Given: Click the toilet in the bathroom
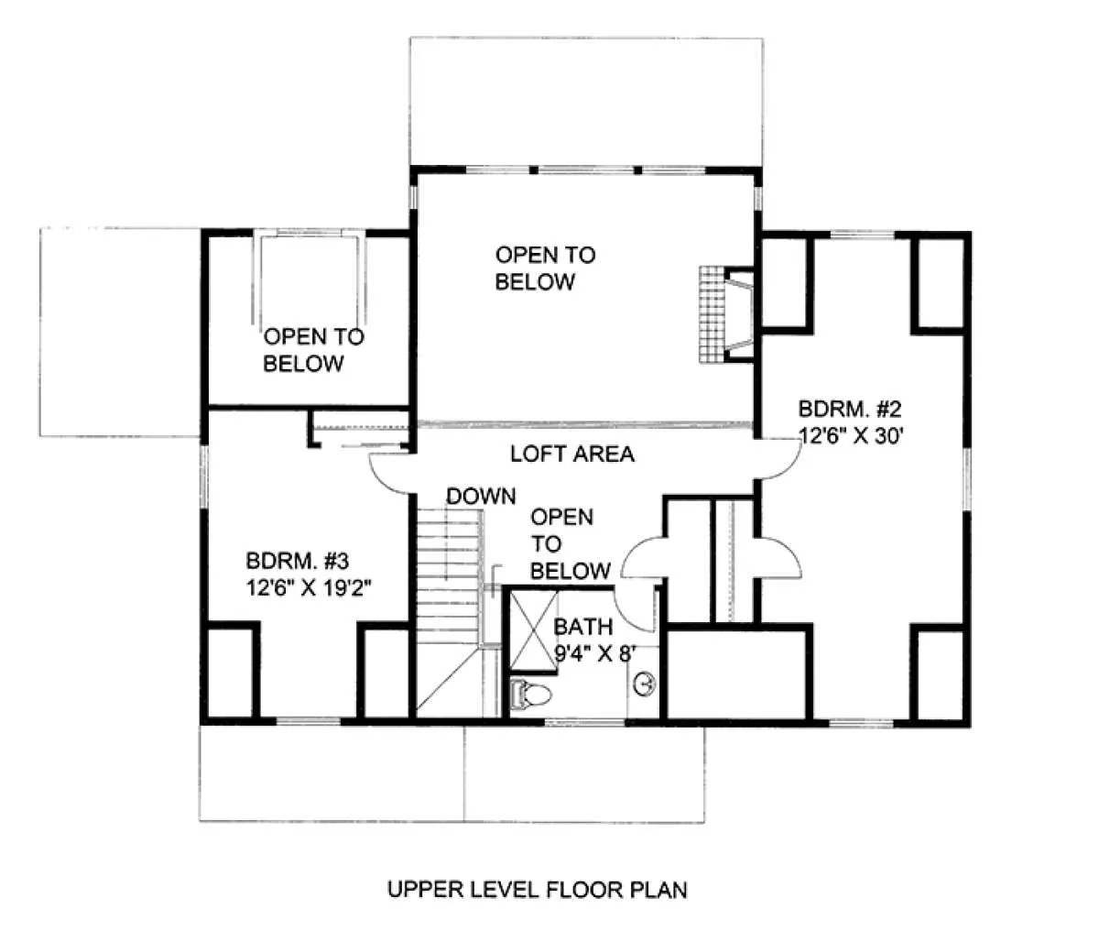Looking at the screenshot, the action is coord(530,694).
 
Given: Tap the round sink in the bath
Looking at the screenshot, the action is coord(645,684).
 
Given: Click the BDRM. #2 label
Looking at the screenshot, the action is coord(850,409).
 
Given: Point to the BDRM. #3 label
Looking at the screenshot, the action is coord(298,561).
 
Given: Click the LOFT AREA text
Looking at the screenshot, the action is coord(572,454).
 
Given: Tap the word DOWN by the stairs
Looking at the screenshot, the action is coord(481,497).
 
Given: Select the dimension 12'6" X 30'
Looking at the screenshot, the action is coord(851,436).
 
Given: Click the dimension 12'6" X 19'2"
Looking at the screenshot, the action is coord(309,588).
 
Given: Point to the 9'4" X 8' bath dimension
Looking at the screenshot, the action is coord(595,653).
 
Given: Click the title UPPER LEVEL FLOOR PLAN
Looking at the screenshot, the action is coord(537,890).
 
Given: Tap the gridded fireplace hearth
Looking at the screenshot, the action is coord(712,315).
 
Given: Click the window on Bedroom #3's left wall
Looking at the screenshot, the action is coord(204,476).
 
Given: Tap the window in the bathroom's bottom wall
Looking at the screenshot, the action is coord(585,722).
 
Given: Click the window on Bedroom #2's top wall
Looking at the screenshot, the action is coord(862,235).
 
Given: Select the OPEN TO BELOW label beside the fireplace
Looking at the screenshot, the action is coord(545,268).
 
